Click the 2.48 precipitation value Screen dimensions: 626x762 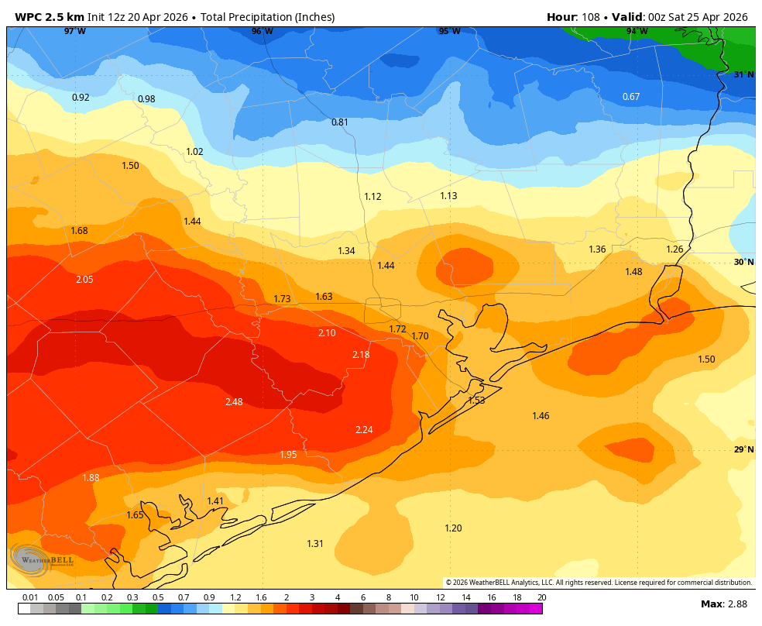[x=234, y=401]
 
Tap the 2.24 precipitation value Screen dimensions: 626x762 [x=364, y=430]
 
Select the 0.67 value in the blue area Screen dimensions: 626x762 [x=631, y=97]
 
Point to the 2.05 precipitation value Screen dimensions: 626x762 [x=84, y=280]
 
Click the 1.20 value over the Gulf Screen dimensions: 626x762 [x=453, y=528]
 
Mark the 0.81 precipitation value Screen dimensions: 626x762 [x=340, y=122]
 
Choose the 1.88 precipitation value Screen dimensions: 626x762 [x=91, y=478]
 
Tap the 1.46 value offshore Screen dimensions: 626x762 [x=541, y=417]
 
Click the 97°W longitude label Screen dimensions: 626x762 [x=75, y=32]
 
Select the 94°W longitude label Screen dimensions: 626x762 [x=637, y=32]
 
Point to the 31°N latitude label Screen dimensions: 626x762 [x=743, y=75]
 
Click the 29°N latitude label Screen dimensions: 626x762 [x=743, y=450]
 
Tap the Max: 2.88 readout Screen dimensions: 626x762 [x=723, y=604]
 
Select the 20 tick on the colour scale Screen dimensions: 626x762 [x=541, y=597]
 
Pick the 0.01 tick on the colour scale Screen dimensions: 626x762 [x=30, y=597]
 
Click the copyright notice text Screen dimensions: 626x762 [x=599, y=583]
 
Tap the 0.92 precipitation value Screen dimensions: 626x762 [x=81, y=98]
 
